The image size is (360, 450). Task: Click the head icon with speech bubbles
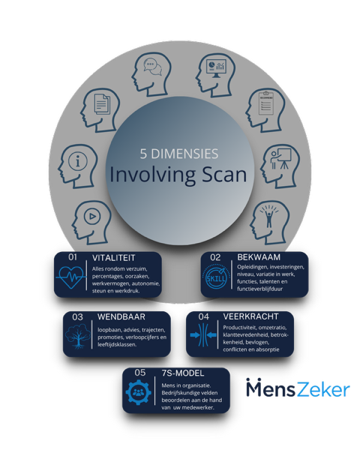tap(151, 74)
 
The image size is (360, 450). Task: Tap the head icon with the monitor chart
tap(215, 75)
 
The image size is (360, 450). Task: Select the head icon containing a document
tap(100, 109)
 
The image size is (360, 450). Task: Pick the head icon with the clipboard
tap(265, 109)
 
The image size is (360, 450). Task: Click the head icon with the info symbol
tap(78, 166)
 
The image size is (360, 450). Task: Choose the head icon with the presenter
tap(280, 166)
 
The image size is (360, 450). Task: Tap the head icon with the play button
tap(91, 223)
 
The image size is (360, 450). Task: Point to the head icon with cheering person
tap(270, 223)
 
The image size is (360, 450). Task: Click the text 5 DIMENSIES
tap(179, 154)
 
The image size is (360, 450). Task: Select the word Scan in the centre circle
tap(224, 174)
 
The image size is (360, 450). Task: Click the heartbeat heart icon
tap(71, 276)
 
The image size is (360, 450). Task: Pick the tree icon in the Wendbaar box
tap(77, 335)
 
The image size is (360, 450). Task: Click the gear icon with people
tap(138, 392)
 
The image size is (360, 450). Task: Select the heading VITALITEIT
tap(114, 258)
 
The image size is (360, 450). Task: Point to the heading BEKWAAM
tap(259, 257)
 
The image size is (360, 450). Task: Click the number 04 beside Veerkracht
tap(203, 316)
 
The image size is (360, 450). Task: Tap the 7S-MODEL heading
tap(183, 373)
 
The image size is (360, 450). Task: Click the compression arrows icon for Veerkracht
tap(203, 334)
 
